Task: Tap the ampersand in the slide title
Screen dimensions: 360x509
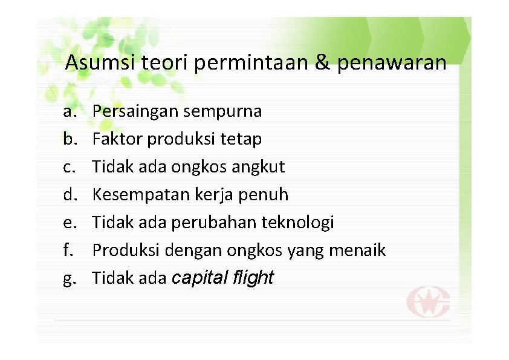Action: (x=322, y=62)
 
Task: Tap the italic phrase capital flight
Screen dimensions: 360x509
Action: (x=223, y=278)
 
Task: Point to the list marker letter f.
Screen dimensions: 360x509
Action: (x=67, y=250)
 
